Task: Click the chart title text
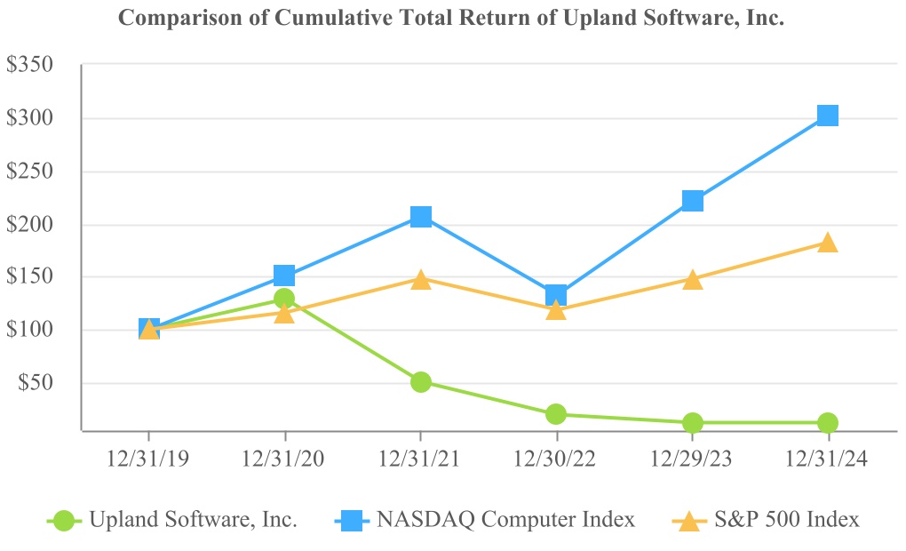[x=451, y=19]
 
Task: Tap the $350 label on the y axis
[x=29, y=65]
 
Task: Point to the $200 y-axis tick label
[x=29, y=224]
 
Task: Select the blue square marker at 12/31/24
[x=827, y=116]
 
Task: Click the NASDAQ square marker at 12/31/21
[x=421, y=217]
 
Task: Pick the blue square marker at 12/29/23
[x=693, y=201]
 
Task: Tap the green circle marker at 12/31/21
[x=421, y=382]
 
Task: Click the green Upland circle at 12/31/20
[x=284, y=299]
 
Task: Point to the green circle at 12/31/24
[x=827, y=423]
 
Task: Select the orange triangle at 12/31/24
[x=827, y=243]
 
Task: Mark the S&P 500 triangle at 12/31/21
[x=421, y=280]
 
